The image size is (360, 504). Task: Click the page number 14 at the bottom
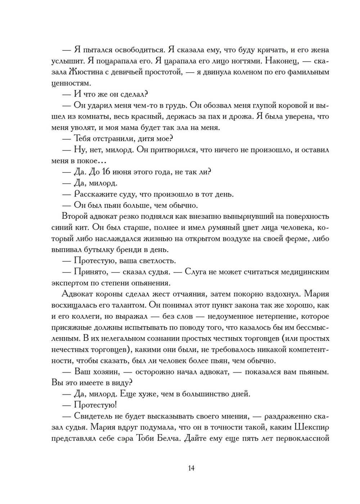tap(191, 468)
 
